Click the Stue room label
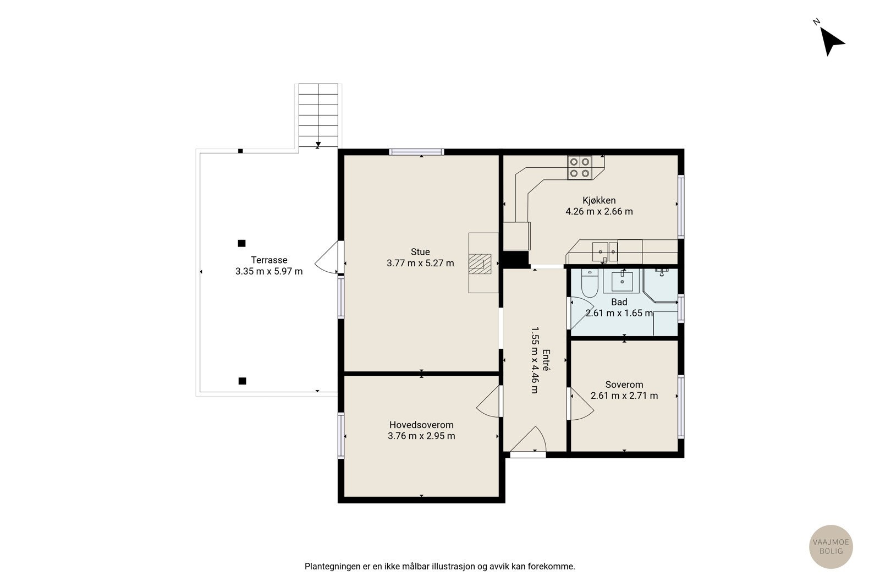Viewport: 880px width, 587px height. [420, 252]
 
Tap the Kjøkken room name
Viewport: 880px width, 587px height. [599, 200]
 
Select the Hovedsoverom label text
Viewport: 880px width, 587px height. [421, 425]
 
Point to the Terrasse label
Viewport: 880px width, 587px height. [269, 260]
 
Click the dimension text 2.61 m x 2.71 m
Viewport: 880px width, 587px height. [624, 396]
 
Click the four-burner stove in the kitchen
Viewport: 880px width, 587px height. [580, 167]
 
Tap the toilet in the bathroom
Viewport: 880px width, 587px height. [589, 283]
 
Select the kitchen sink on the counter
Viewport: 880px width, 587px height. [604, 251]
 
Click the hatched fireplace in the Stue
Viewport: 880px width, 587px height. [480, 264]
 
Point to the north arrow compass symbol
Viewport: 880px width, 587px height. [831, 41]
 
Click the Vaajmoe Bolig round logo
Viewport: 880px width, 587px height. [831, 546]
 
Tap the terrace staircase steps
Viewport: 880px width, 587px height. [318, 116]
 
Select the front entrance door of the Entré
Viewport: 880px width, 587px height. [528, 441]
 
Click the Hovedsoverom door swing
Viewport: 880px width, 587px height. [489, 401]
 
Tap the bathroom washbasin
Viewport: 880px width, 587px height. [622, 281]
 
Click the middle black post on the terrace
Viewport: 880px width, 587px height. [241, 243]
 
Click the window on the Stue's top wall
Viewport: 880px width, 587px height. [417, 152]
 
